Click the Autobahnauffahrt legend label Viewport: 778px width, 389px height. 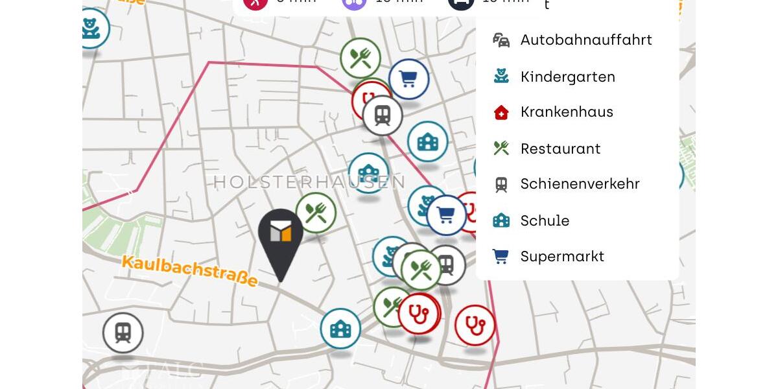point(586,40)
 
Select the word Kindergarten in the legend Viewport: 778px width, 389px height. point(567,77)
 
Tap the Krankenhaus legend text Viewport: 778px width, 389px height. point(567,112)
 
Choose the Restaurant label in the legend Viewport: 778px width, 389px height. point(560,149)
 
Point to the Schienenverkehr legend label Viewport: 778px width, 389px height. point(580,184)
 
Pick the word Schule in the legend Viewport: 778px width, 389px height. point(545,221)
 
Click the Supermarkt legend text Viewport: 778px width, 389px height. point(562,257)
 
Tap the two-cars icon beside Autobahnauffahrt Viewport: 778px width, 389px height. point(501,40)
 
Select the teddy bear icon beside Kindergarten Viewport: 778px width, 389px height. point(501,77)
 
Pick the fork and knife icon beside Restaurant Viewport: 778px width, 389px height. point(501,148)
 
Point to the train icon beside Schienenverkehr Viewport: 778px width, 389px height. point(501,185)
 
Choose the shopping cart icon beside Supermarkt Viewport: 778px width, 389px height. point(501,257)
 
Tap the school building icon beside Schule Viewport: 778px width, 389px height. point(501,221)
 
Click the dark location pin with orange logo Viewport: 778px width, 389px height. point(280,240)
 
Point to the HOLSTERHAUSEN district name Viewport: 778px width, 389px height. point(309,182)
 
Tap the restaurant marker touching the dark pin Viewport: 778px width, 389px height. point(316,213)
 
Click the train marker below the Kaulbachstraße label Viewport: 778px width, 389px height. point(123,333)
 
